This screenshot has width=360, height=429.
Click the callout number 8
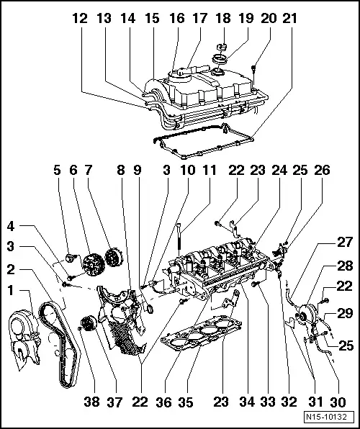[122, 172]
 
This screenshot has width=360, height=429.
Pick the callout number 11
[209, 172]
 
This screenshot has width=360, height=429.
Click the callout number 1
[12, 290]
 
